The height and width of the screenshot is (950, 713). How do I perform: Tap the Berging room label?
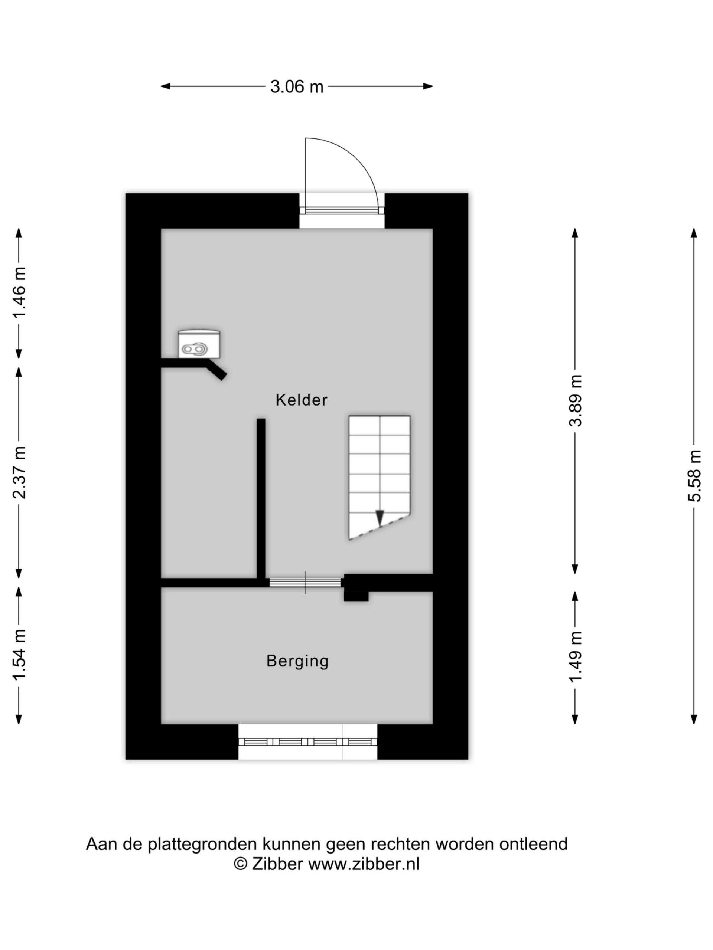click(297, 661)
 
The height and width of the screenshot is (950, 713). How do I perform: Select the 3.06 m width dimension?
click(297, 87)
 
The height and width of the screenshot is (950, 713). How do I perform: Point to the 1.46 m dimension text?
click(20, 292)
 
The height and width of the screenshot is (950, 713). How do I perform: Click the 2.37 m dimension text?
click(20, 472)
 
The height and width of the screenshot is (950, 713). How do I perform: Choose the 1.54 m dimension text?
click(20, 655)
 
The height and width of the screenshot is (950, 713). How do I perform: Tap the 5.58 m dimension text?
click(694, 475)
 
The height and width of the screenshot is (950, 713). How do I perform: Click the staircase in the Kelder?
click(379, 477)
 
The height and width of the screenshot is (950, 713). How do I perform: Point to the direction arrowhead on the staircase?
click(380, 518)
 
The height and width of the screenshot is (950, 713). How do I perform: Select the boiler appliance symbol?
click(199, 344)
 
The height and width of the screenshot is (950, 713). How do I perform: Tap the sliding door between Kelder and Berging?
click(305, 582)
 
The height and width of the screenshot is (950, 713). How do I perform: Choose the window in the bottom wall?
click(308, 742)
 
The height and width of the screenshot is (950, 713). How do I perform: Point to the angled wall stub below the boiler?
click(216, 370)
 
